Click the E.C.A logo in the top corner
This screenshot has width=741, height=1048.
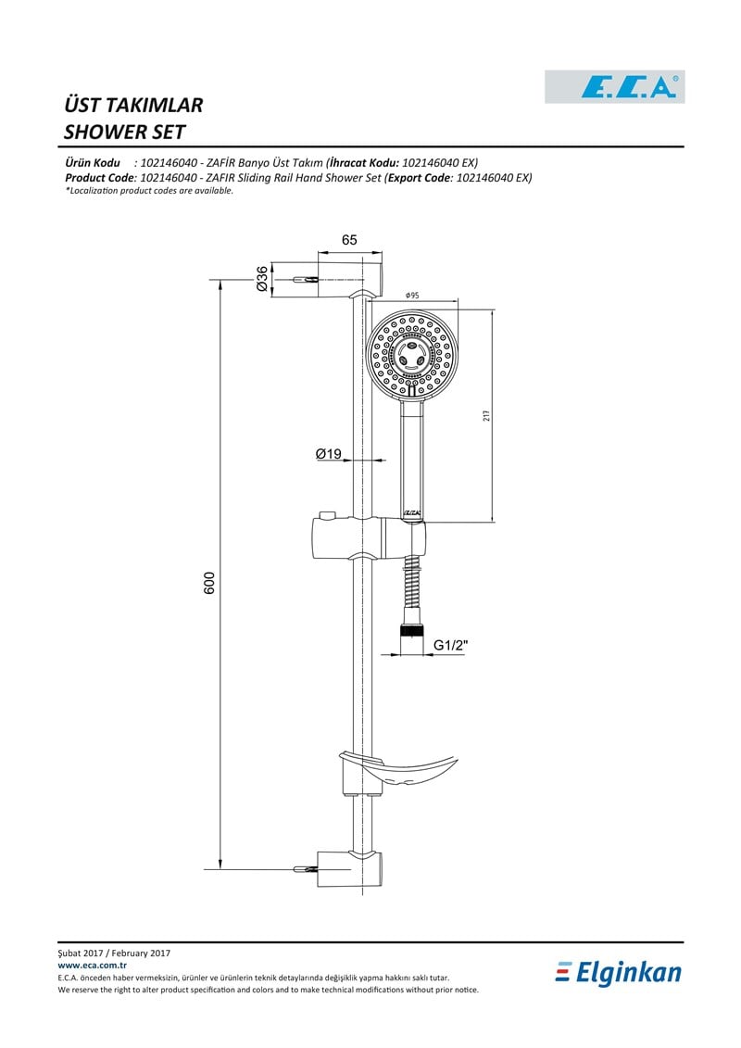pyautogui.click(x=615, y=87)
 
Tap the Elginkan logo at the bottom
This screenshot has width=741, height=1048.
pyautogui.click(x=619, y=973)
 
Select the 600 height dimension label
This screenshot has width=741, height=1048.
pyautogui.click(x=210, y=583)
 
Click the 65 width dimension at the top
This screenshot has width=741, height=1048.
pyautogui.click(x=349, y=239)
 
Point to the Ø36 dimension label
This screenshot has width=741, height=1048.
pyautogui.click(x=262, y=278)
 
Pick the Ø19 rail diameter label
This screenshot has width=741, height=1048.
pyautogui.click(x=329, y=454)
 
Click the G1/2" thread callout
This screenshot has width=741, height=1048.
pyautogui.click(x=451, y=645)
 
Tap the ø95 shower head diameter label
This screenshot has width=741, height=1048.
pyautogui.click(x=412, y=296)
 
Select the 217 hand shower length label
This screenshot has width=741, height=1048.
pyautogui.click(x=486, y=415)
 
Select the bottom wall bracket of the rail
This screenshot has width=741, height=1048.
pyautogui.click(x=349, y=869)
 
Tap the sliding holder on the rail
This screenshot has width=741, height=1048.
pyautogui.click(x=368, y=537)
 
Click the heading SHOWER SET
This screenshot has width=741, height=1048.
pyautogui.click(x=124, y=132)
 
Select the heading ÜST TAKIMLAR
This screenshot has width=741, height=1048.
pyautogui.click(x=133, y=105)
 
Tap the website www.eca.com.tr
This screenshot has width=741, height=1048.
pyautogui.click(x=93, y=966)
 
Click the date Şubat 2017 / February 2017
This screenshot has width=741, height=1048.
pyautogui.click(x=114, y=953)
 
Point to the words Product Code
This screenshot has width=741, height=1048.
pyautogui.click(x=100, y=178)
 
